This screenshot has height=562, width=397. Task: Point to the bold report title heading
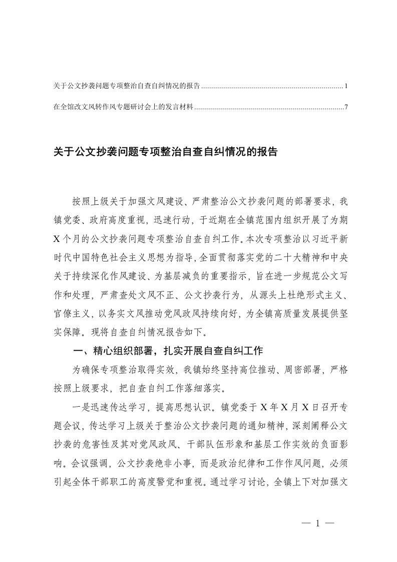click(165, 152)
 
